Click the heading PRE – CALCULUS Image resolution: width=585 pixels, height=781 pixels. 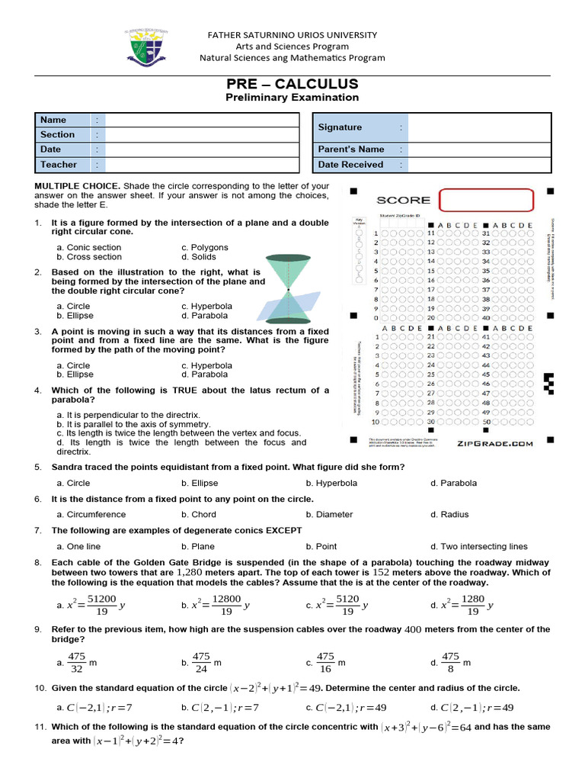click(292, 84)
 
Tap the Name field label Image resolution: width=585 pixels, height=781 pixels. click(53, 120)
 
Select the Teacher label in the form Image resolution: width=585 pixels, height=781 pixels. click(59, 165)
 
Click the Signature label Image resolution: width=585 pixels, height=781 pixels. click(340, 127)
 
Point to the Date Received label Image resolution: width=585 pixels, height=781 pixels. click(350, 165)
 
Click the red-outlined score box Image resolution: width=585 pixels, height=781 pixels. click(485, 200)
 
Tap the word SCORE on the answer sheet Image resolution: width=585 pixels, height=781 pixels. click(403, 200)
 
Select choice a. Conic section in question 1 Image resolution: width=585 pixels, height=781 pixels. click(88, 247)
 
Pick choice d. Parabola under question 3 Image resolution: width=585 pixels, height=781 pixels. click(204, 374)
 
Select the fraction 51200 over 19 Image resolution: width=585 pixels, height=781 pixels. click(101, 606)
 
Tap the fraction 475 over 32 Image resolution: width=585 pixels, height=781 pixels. click(76, 663)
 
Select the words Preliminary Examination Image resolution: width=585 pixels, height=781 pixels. click(292, 98)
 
